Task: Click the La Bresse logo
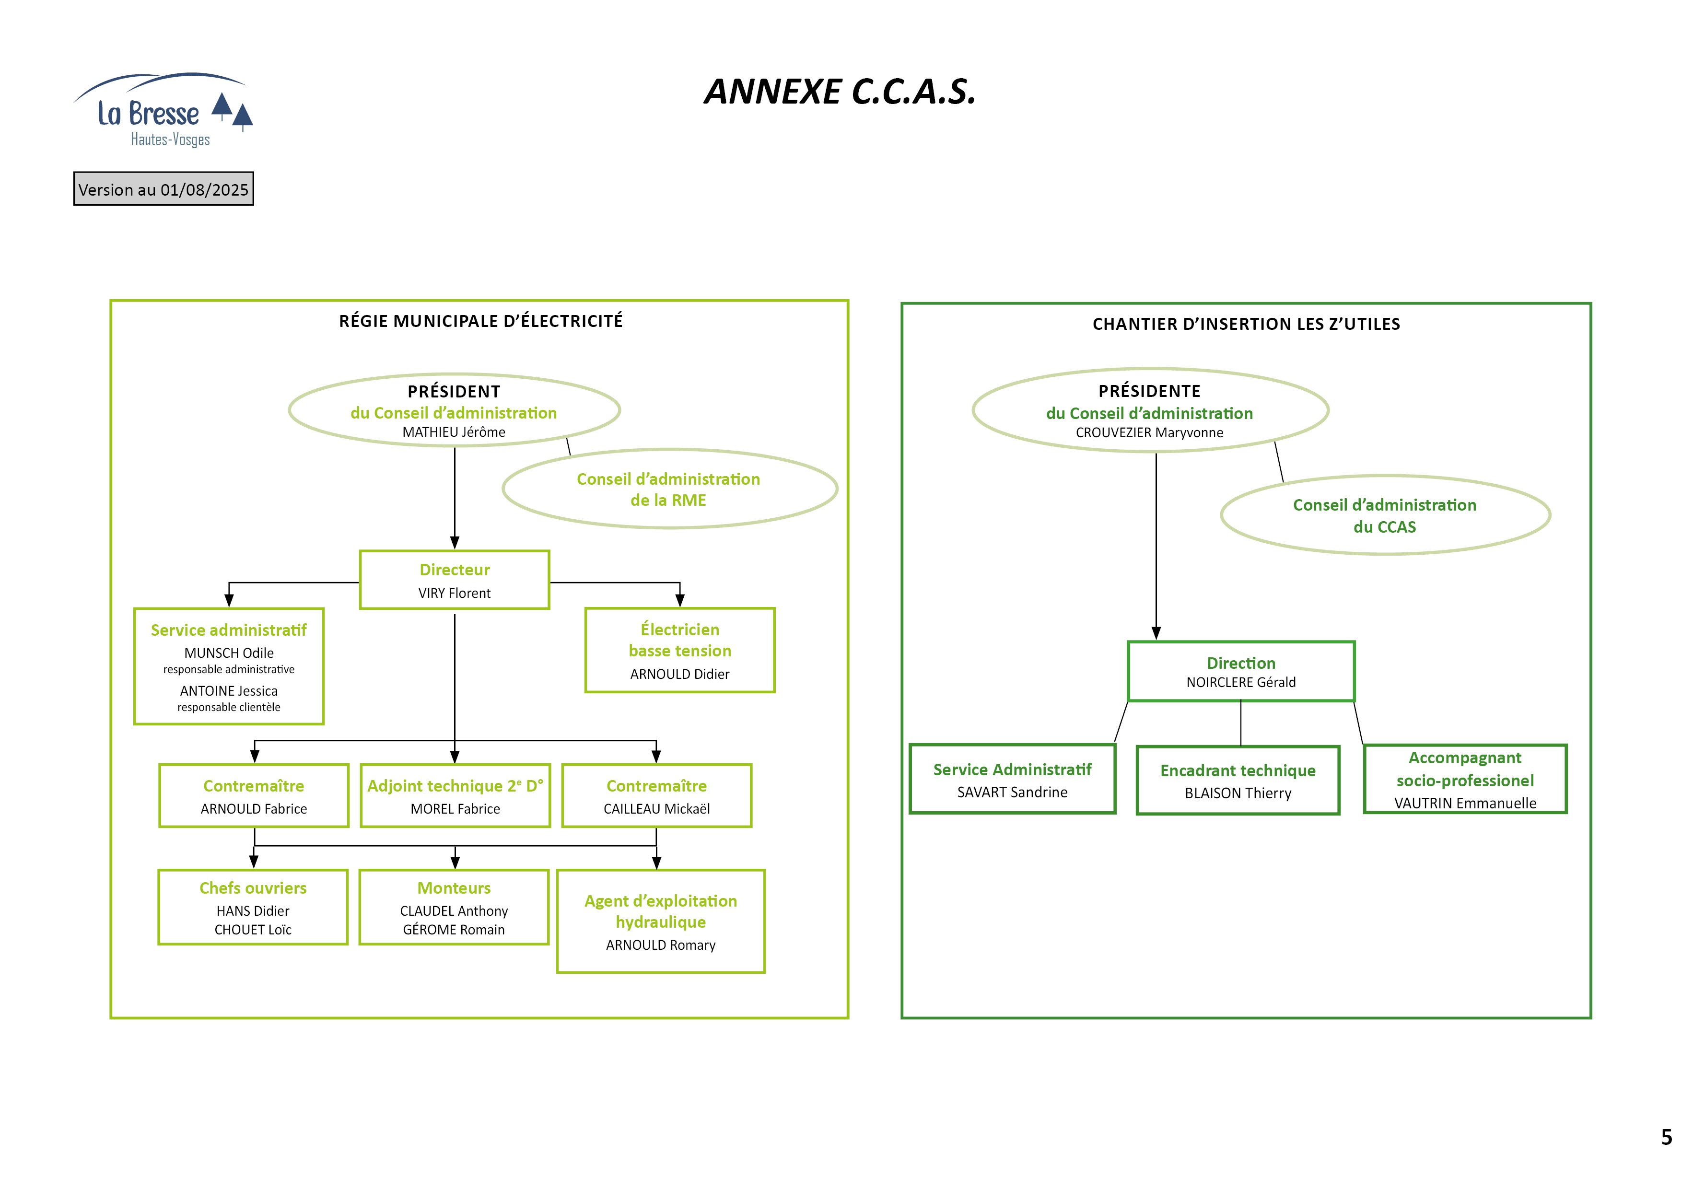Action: point(163,110)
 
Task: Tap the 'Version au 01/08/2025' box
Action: point(164,189)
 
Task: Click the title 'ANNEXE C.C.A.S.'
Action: point(840,92)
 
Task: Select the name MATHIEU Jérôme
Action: point(454,432)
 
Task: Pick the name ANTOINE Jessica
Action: point(229,691)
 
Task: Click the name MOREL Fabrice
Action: point(455,809)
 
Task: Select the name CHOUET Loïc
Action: point(253,930)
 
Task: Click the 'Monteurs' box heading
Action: point(454,888)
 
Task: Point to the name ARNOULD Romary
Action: point(661,945)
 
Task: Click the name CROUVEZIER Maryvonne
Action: point(1149,433)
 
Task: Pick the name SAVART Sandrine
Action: point(1013,792)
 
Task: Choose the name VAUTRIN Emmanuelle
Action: point(1465,803)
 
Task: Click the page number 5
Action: point(1667,1137)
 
